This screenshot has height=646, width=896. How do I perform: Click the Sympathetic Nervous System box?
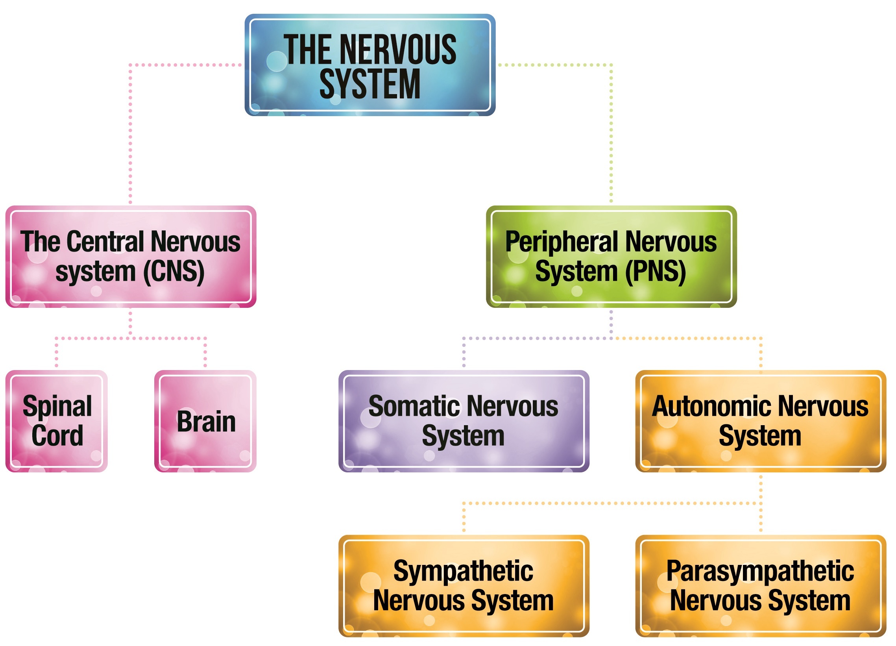pos(464,586)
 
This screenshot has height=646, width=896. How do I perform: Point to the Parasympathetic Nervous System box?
pos(761,586)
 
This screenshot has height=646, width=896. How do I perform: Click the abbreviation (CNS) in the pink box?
pos(174,272)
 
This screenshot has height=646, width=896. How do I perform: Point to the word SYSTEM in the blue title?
pos(370,84)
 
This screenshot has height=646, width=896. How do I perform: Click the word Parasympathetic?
pos(760,571)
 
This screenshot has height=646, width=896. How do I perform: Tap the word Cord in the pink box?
pos(57,436)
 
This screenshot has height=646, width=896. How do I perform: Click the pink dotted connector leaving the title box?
pos(130,130)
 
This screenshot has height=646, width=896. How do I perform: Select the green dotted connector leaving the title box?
pos(611,130)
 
